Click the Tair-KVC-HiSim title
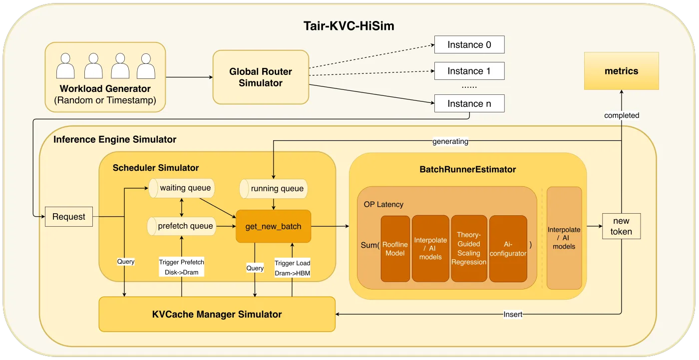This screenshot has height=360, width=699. pyautogui.click(x=349, y=26)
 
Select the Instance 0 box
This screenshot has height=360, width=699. pyautogui.click(x=469, y=45)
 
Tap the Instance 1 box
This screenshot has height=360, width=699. pyautogui.click(x=469, y=71)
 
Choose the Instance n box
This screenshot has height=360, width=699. pyautogui.click(x=469, y=103)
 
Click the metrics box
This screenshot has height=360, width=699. pyautogui.click(x=621, y=71)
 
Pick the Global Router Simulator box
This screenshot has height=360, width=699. pyautogui.click(x=261, y=77)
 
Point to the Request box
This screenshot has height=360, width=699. pyautogui.click(x=69, y=217)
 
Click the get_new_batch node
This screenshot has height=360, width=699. pyautogui.click(x=273, y=226)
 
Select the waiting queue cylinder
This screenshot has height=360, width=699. pyautogui.click(x=181, y=188)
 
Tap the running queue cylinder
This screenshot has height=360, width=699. pyautogui.click(x=273, y=189)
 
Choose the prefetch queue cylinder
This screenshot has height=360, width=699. pyautogui.click(x=181, y=226)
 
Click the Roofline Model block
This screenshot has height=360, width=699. pyautogui.click(x=395, y=249)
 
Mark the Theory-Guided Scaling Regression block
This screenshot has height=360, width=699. pyautogui.click(x=469, y=249)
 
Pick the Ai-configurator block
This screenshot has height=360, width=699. pyautogui.click(x=508, y=249)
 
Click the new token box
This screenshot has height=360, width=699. pyautogui.click(x=621, y=226)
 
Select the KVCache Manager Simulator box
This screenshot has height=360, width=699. pyautogui.click(x=217, y=315)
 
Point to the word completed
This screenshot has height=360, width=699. pyautogui.click(x=622, y=115)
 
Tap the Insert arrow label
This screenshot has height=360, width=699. pyautogui.click(x=513, y=315)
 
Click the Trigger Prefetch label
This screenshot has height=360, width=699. pyautogui.click(x=181, y=262)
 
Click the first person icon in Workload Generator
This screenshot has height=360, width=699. pyautogui.click(x=65, y=66)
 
